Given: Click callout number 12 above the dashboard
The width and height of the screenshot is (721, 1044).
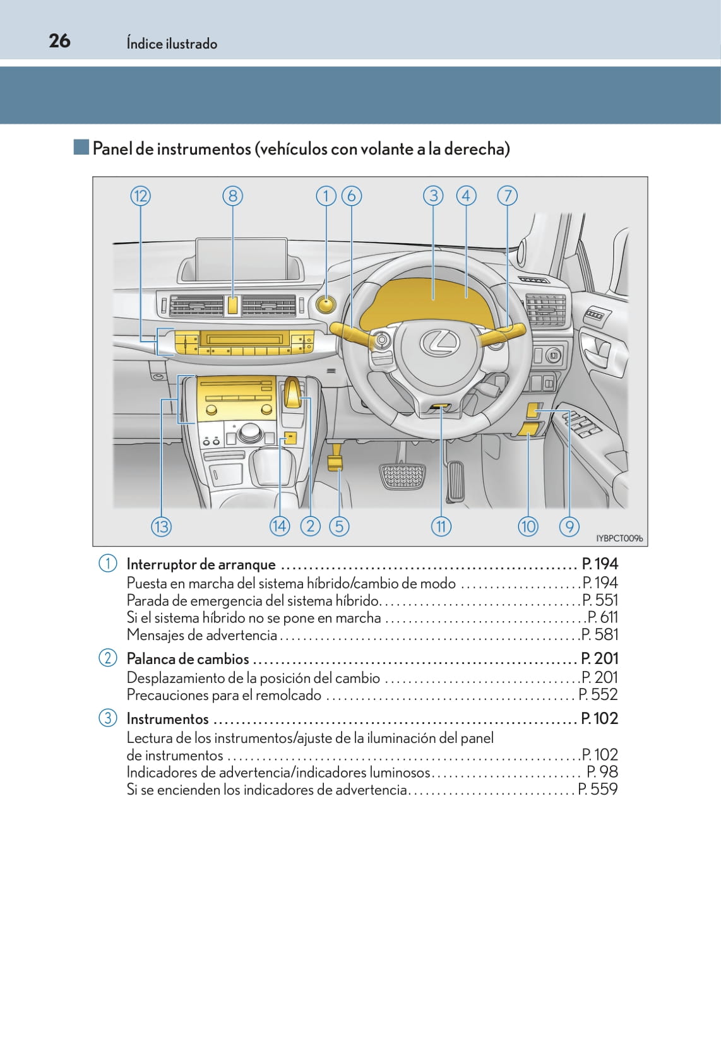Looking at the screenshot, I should pos(140,196).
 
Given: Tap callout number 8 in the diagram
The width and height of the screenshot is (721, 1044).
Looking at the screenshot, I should pos(232,196).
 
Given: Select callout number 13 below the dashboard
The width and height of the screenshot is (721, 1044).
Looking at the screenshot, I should pos(161,526).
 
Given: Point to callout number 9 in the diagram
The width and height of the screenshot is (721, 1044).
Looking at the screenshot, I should pos(569,526).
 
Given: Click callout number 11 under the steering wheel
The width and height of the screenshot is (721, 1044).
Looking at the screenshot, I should pos(441,526).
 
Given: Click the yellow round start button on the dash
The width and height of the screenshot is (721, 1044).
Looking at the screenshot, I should pos(326,305).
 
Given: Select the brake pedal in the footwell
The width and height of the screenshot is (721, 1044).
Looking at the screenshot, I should pos(403,477).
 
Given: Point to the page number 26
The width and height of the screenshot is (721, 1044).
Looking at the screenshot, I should pos(59,41).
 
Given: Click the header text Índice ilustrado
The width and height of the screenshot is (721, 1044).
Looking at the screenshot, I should pos(172,44).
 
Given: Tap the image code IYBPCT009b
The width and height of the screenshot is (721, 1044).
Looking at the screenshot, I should pos(619,538).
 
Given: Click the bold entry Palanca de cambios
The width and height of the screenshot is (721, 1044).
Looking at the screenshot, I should pos(188,659).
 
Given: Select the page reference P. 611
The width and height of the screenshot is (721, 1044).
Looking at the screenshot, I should pos(602,617).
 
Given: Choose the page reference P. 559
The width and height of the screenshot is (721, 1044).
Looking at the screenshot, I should pos(598,789).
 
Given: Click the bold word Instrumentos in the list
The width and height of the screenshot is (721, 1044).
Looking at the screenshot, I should pos(167,719).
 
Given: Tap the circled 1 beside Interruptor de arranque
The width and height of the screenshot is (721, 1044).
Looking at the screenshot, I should pos(107,563).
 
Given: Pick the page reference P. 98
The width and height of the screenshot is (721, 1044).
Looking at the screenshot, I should pos(602,772).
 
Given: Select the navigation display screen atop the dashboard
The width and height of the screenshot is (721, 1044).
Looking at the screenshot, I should pos(241,259).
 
